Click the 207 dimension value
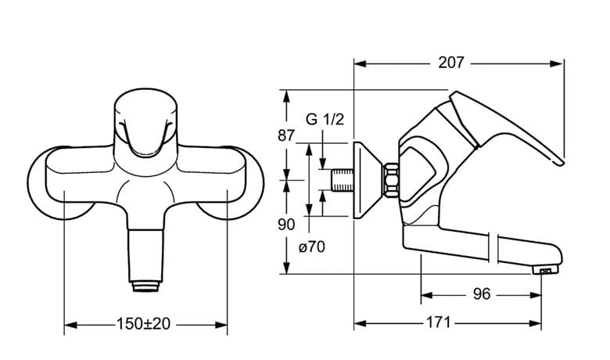coord(451,63)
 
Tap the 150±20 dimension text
coord(144,323)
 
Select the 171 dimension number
coord(439,322)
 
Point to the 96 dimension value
coord(482,294)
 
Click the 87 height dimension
coord(286,136)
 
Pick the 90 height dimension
coord(286,225)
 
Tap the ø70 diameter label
coord(311,247)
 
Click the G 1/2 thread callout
coord(325,119)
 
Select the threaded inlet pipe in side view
coord(343,180)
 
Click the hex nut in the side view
coord(390,179)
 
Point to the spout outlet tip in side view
coord(546,269)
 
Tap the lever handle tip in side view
coord(560,162)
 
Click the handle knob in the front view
coord(146,124)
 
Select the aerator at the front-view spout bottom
coord(145,287)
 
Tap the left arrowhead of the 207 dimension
coord(361,63)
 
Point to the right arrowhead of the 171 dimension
coord(535,323)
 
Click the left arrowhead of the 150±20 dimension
coord(70,324)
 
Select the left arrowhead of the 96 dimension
coord(427,295)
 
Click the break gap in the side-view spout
coord(493,247)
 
